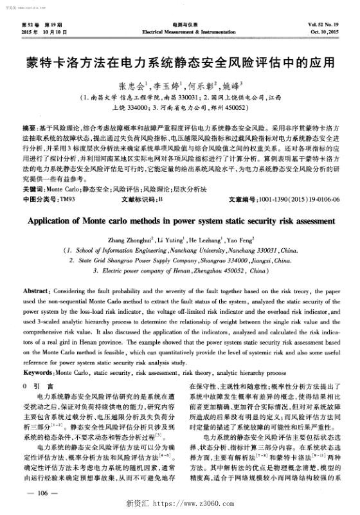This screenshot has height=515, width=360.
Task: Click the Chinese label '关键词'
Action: [x=32, y=191]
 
